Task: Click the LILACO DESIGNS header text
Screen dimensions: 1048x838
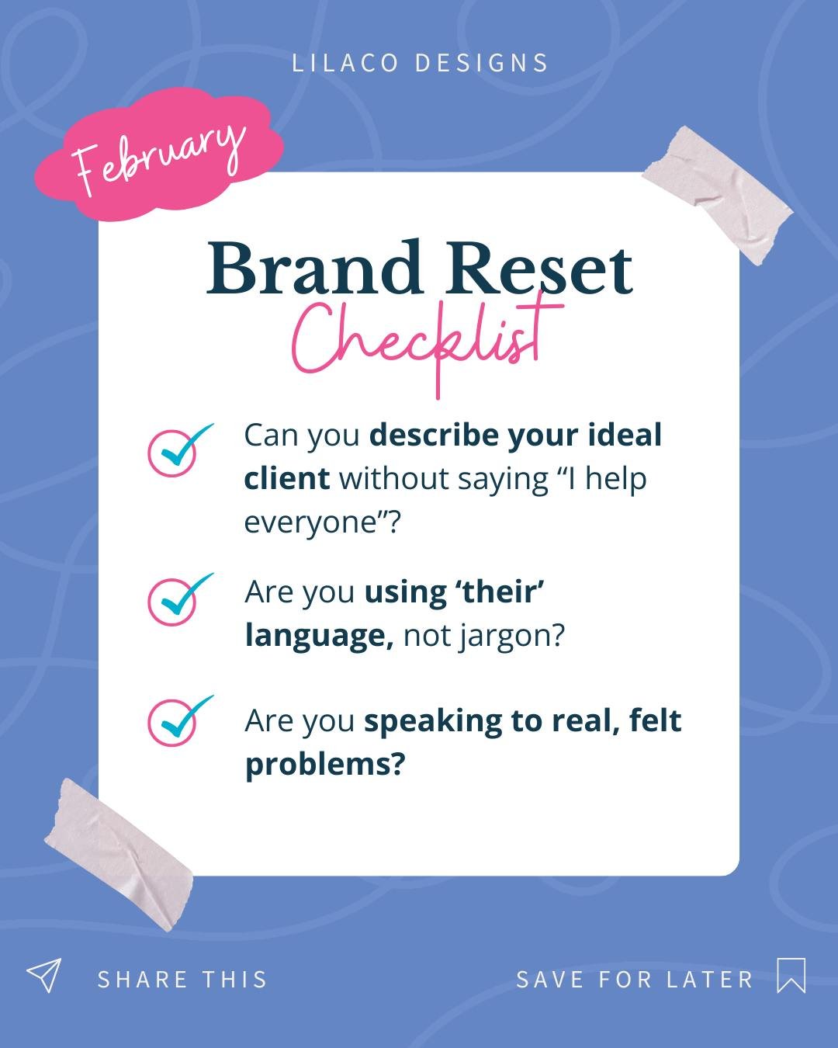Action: [420, 63]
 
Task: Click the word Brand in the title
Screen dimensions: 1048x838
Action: [314, 269]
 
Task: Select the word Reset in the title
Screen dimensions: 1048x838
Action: [540, 269]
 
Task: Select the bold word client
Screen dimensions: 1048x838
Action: [286, 479]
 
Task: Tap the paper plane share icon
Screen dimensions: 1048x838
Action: [43, 975]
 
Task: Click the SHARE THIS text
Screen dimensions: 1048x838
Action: [182, 980]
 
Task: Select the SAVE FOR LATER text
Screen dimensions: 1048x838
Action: [635, 980]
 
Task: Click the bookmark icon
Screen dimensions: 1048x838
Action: [791, 975]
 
